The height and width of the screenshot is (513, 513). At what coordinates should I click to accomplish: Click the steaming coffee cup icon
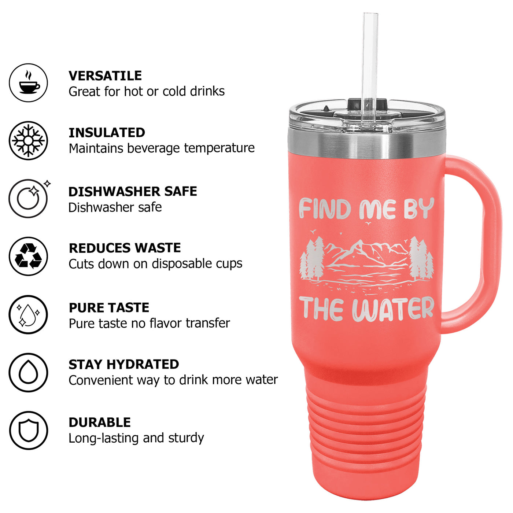click(x=29, y=82)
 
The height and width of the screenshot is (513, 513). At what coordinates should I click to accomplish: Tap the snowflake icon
click(x=29, y=140)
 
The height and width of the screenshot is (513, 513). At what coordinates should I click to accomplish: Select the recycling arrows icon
click(x=29, y=256)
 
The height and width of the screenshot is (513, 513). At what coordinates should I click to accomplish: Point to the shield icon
click(x=29, y=431)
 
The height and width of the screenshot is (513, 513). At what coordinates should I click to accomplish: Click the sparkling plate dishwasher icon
click(x=29, y=198)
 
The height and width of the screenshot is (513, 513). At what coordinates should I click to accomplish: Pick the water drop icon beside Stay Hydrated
click(x=29, y=372)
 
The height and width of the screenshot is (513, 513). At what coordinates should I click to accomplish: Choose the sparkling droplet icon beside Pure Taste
click(x=29, y=314)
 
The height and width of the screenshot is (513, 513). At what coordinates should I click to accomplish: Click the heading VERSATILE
click(x=105, y=76)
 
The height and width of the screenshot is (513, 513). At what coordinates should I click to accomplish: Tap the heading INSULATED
click(x=107, y=133)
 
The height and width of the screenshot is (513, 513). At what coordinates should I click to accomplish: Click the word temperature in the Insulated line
click(x=219, y=148)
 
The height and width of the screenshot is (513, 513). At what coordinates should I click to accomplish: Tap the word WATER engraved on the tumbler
click(x=393, y=309)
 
